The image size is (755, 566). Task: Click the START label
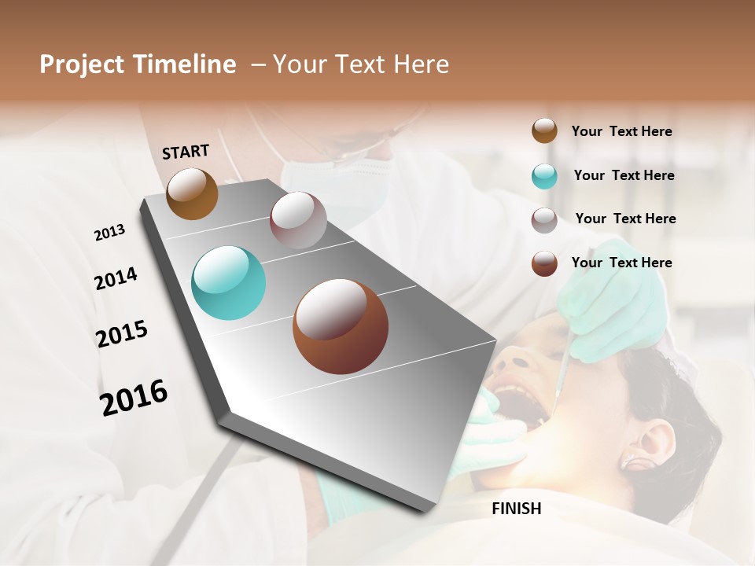click(186, 152)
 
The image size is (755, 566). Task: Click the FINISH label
click(516, 509)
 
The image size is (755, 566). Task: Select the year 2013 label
click(109, 233)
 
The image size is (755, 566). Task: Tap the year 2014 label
click(116, 278)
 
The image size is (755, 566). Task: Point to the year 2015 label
click(122, 333)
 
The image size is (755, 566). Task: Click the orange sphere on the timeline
click(192, 193)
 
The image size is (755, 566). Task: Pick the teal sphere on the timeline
click(228, 283)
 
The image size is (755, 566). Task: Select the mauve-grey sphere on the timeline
click(298, 220)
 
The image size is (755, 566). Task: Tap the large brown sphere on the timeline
click(341, 326)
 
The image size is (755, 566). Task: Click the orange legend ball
click(544, 131)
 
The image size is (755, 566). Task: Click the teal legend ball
click(544, 176)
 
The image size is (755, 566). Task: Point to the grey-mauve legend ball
click(544, 219)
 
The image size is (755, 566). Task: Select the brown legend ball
click(544, 263)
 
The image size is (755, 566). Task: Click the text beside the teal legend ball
click(624, 175)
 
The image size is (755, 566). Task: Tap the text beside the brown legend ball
click(621, 263)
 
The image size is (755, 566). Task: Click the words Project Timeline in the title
click(138, 64)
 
